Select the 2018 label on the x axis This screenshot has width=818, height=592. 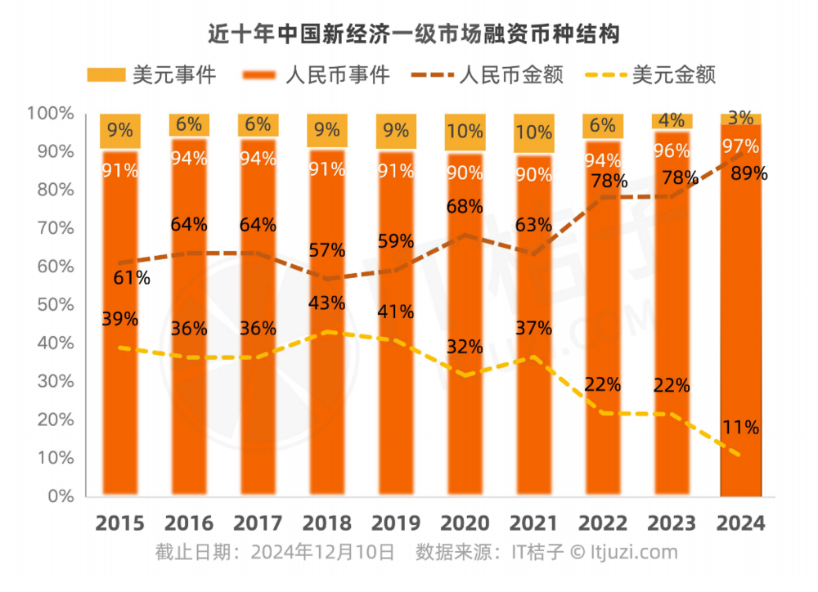coord(327,523)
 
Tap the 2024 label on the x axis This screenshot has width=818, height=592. coord(741,523)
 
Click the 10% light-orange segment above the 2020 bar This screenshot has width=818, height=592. coord(465,132)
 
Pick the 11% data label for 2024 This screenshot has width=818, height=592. coord(741,427)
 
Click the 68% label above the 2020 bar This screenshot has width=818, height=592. coord(465,207)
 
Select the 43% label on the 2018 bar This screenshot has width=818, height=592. coord(327,303)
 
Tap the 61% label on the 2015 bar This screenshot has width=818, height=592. coord(131,277)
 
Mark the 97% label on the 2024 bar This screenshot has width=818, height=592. coord(741,147)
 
